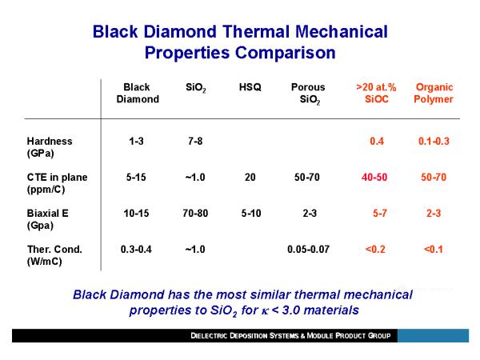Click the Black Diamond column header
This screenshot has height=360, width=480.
138,93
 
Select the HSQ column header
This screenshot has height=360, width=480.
250,87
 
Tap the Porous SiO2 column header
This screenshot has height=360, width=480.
308,94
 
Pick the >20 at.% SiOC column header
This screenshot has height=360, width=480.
376,93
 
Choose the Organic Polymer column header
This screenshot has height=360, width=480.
434,94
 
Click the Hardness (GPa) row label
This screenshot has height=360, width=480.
50,147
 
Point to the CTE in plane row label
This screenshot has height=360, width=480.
58,183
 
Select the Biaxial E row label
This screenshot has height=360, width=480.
48,219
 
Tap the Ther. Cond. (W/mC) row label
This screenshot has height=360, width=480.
54,255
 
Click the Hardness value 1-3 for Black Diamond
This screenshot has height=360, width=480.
136,141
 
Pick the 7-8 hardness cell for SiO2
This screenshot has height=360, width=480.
195,141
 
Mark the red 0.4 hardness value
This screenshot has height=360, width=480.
377,141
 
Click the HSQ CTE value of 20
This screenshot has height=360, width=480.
250,178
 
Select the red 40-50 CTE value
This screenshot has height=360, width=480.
374,178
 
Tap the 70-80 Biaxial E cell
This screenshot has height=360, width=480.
195,213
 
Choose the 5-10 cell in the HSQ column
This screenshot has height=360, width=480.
251,213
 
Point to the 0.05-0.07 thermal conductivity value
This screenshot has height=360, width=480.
308,249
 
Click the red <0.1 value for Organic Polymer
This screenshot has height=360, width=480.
434,249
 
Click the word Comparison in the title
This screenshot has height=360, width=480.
286,53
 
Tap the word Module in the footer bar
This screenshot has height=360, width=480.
320,336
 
